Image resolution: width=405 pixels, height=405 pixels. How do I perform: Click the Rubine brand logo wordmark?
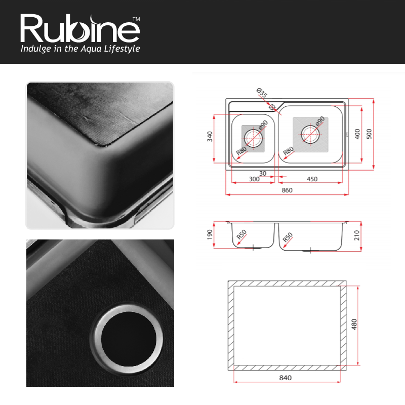[x=79, y=28]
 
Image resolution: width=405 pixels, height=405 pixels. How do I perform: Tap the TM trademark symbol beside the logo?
[x=136, y=19]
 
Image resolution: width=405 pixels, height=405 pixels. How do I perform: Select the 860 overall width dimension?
[x=287, y=190]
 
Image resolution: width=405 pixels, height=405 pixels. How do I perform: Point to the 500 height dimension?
[x=370, y=134]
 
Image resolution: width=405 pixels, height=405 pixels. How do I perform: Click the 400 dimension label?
[x=357, y=134]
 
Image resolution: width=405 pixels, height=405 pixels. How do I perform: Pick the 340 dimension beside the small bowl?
[x=210, y=136]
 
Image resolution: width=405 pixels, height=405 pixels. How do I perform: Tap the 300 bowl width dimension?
[x=254, y=179]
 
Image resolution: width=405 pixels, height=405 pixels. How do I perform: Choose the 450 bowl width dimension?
[x=312, y=179]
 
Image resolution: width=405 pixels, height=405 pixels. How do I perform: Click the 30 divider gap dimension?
[x=263, y=173]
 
